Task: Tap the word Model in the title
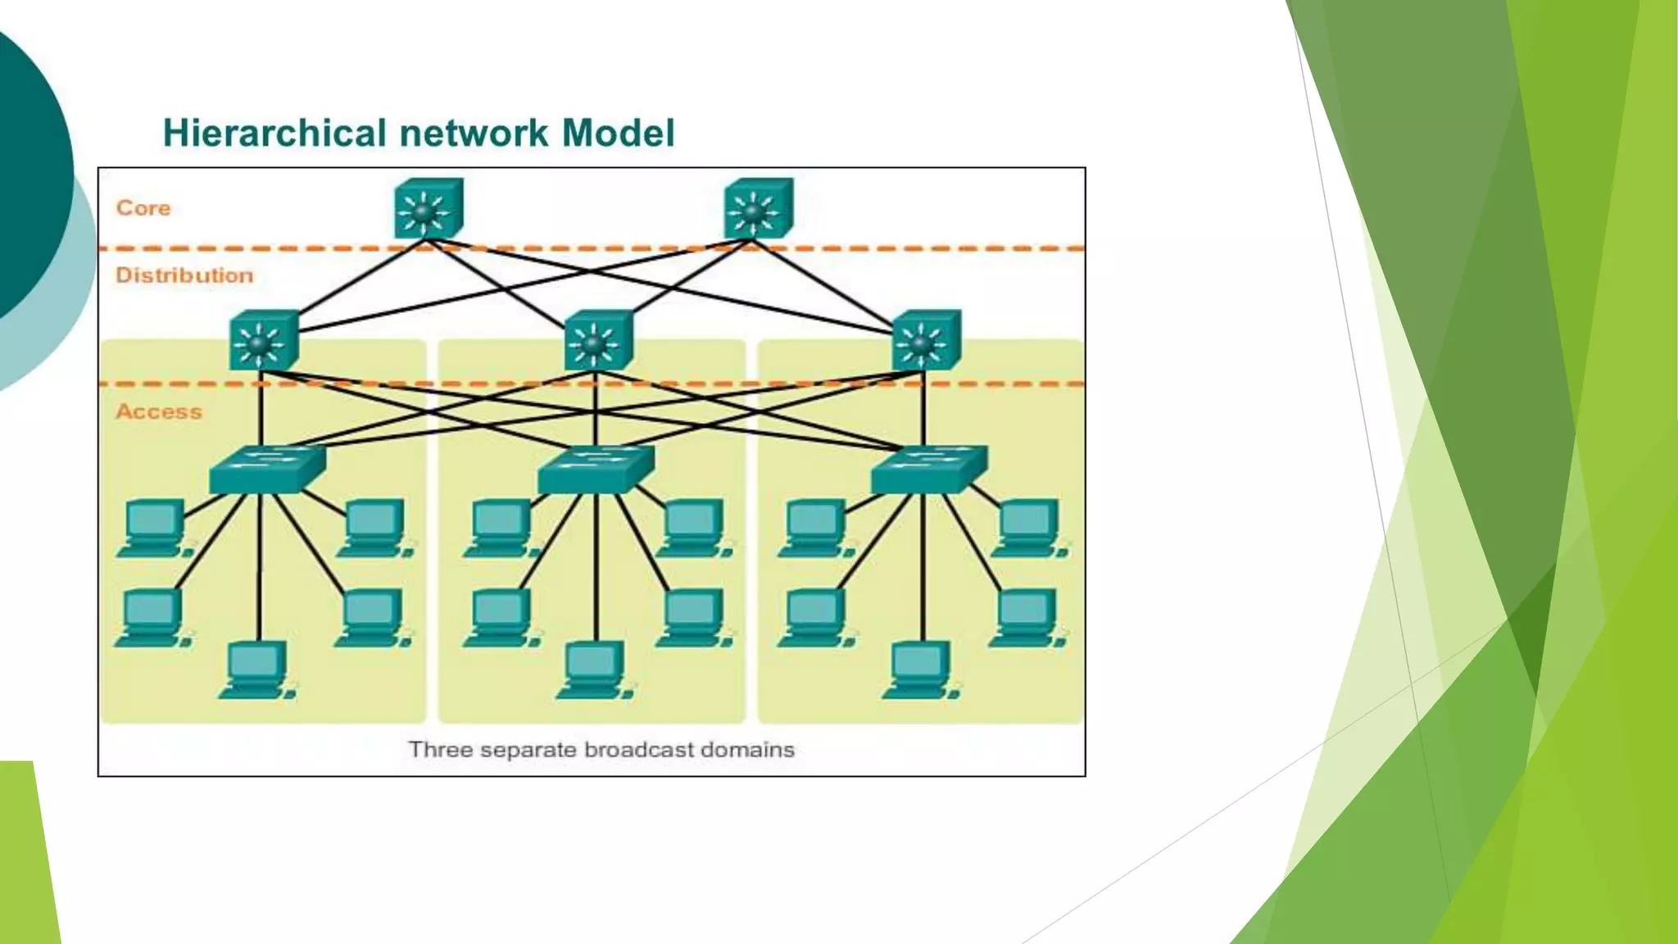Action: [618, 134]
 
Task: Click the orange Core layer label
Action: [143, 208]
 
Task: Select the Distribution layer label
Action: [184, 275]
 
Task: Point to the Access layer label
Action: [159, 411]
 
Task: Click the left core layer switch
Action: [428, 210]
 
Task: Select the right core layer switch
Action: [758, 210]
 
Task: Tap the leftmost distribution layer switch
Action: [263, 341]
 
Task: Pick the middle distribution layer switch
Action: [598, 341]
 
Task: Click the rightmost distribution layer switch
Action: [926, 341]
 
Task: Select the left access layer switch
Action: [266, 470]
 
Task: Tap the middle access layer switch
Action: [596, 470]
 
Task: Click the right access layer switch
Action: [928, 470]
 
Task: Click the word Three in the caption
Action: [440, 750]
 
